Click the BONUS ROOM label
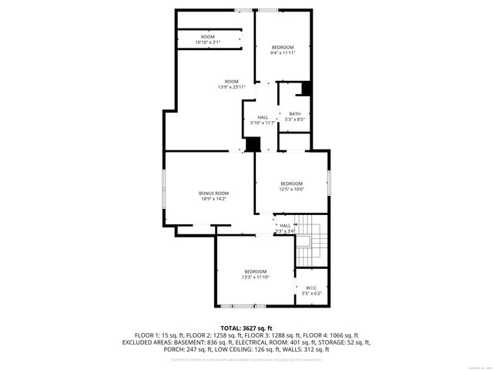pyautogui.click(x=213, y=193)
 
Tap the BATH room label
pyautogui.click(x=295, y=114)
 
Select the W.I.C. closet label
pyautogui.click(x=312, y=288)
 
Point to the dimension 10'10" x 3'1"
pyautogui.click(x=208, y=42)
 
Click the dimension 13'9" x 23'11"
pyautogui.click(x=231, y=87)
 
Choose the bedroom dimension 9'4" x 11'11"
pyautogui.click(x=283, y=53)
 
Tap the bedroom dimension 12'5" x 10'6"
pyautogui.click(x=291, y=189)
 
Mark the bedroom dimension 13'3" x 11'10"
pyautogui.click(x=255, y=277)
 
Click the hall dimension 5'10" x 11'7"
pyautogui.click(x=263, y=123)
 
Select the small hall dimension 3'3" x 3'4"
pyautogui.click(x=285, y=231)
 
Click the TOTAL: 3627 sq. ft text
pyautogui.click(x=246, y=328)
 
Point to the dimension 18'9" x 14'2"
pyautogui.click(x=213, y=199)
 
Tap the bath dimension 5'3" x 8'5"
pyautogui.click(x=295, y=119)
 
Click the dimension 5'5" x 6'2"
pyautogui.click(x=312, y=294)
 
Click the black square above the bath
pyautogui.click(x=306, y=89)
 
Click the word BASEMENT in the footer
pyautogui.click(x=192, y=341)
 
